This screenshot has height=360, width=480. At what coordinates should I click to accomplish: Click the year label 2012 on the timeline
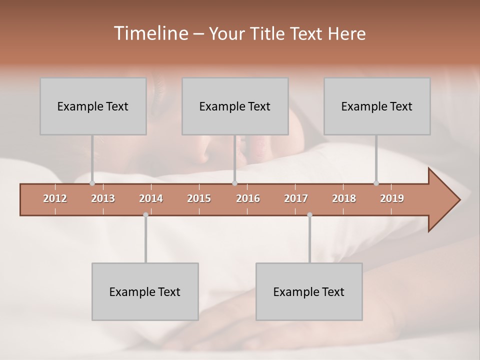(55, 198)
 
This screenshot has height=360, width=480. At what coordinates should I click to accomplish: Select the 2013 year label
(103, 198)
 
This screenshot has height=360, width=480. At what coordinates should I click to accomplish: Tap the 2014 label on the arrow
(151, 198)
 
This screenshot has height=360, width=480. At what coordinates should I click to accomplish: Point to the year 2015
(199, 198)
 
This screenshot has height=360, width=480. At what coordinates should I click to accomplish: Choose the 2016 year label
(248, 198)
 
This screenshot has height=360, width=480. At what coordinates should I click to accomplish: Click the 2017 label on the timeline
(296, 198)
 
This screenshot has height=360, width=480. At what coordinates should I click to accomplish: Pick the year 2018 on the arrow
(344, 198)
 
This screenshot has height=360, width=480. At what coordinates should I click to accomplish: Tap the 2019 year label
(392, 198)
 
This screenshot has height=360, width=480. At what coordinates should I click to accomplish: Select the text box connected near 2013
(93, 106)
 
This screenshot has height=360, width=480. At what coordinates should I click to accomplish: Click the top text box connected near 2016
(235, 106)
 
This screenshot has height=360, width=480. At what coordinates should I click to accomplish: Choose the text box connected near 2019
(377, 106)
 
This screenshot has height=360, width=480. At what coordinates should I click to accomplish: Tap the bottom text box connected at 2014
(145, 291)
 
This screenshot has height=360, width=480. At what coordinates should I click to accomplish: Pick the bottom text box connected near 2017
(309, 291)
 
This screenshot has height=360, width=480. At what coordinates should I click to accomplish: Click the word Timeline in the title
(150, 33)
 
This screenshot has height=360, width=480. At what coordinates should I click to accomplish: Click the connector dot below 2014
(145, 215)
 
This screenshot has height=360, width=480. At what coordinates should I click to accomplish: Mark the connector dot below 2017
(309, 215)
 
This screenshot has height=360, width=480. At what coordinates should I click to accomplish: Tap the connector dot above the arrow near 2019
(376, 183)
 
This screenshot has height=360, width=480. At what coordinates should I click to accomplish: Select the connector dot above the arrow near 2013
(92, 183)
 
